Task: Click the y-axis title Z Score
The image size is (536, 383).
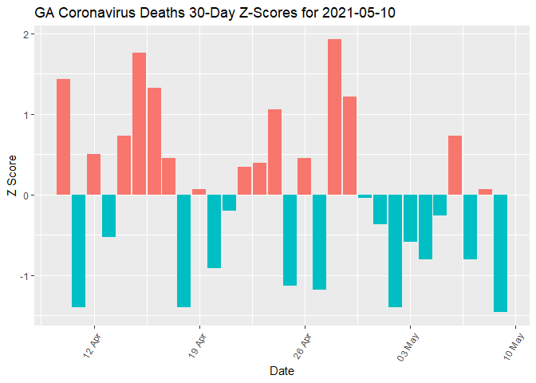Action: [10, 180]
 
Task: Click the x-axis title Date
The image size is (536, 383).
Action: [281, 371]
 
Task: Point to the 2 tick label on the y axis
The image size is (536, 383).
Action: [26, 34]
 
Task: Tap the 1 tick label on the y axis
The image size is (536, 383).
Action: [26, 115]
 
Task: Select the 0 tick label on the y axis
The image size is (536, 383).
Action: [26, 195]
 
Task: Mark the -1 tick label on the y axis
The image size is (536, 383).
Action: [24, 276]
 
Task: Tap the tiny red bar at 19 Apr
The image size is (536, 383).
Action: [199, 192]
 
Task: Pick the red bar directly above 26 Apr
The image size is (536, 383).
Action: [305, 176]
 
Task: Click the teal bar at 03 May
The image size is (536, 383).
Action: [410, 218]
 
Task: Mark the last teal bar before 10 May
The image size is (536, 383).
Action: [500, 253]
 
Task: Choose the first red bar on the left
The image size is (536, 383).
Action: [64, 136]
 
